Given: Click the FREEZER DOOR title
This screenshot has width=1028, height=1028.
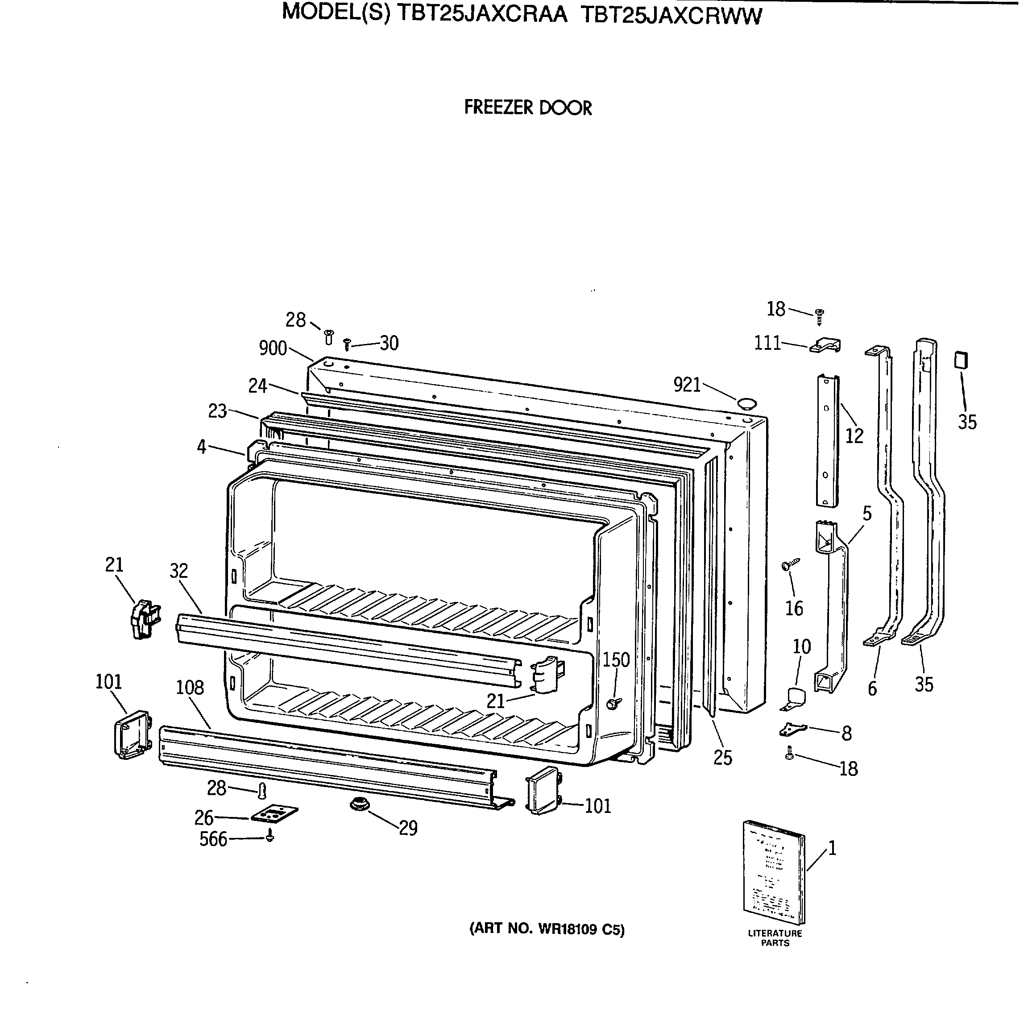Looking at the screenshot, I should [x=527, y=108].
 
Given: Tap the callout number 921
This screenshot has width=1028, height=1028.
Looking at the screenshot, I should [x=687, y=385].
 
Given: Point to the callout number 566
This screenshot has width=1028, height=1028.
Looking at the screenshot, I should [x=213, y=839].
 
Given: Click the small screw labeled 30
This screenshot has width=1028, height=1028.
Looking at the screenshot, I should [x=347, y=344].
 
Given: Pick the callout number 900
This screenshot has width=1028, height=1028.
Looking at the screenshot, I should [x=273, y=348].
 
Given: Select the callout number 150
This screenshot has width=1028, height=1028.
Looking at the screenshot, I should [x=616, y=660].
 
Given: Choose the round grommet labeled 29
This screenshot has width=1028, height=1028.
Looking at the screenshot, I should [x=359, y=804].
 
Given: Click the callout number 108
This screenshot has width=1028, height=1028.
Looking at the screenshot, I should [x=190, y=688].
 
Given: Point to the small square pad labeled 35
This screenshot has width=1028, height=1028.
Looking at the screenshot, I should [x=961, y=360].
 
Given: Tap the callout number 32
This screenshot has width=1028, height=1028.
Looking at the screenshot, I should [x=179, y=571].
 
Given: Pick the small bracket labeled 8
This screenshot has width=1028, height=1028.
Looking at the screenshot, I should [x=793, y=730].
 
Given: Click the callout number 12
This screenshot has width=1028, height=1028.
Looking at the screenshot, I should [x=854, y=436].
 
